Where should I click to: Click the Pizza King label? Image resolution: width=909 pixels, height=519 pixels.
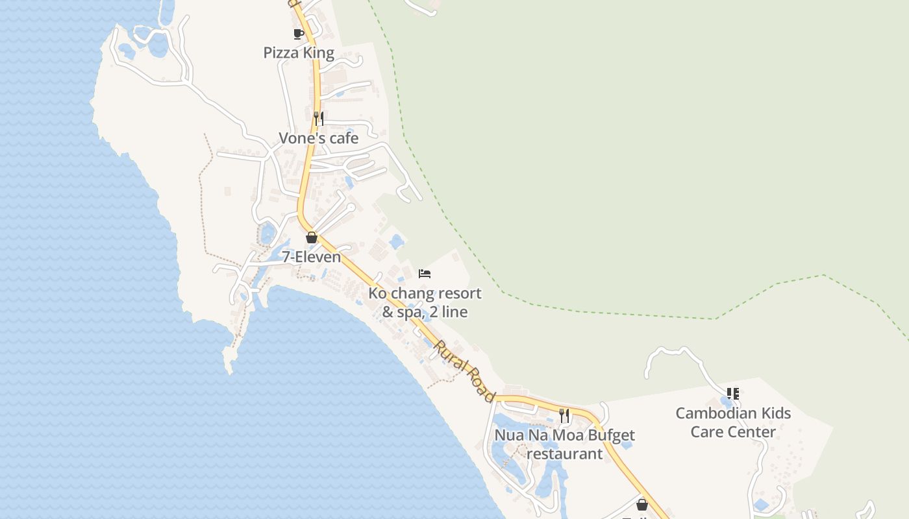click(299, 53)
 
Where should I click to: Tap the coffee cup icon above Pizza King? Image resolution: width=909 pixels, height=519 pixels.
click(299, 34)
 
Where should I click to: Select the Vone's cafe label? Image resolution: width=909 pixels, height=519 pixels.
click(318, 138)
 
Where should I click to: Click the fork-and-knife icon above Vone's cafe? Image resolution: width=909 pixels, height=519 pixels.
click(318, 118)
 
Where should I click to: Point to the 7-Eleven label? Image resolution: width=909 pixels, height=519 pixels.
click(312, 257)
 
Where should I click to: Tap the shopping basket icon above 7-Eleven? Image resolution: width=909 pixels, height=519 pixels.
click(312, 237)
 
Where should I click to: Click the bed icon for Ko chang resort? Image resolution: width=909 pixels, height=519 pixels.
click(425, 274)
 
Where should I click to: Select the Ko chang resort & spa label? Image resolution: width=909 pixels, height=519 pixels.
click(425, 302)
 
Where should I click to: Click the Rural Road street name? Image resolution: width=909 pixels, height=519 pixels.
click(465, 370)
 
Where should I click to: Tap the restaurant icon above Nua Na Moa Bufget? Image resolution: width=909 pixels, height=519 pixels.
click(564, 415)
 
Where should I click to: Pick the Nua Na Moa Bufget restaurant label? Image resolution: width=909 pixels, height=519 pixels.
click(564, 444)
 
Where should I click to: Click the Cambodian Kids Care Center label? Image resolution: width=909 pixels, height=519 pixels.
click(733, 422)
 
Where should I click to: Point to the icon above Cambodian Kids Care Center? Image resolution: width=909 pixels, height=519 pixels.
click(733, 393)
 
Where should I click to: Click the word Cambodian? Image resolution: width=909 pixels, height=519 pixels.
click(716, 413)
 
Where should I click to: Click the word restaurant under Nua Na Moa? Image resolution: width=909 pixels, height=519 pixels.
click(564, 453)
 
